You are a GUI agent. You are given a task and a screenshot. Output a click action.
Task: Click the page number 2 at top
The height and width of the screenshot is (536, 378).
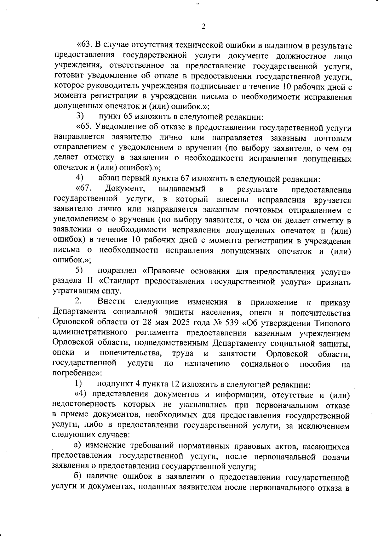(203, 26)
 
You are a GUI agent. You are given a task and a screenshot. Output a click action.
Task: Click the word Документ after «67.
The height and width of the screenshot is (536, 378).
(125, 189)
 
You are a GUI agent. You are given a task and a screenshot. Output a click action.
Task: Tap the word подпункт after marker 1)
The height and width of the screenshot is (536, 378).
(112, 385)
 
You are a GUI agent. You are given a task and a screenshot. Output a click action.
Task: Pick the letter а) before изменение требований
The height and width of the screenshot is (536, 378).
(77, 446)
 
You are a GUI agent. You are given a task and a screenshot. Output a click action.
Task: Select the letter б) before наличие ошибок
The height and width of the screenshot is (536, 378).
(77, 477)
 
